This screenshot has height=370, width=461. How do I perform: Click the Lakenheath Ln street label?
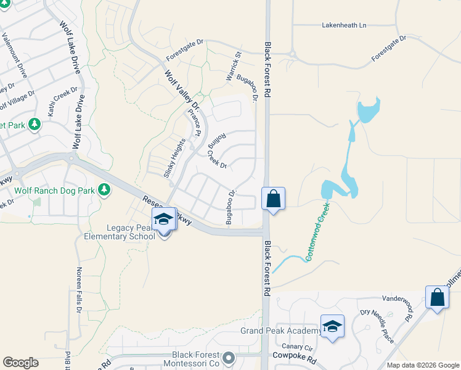coord(344,25)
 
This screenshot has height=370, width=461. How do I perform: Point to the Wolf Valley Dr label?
coord(182,90)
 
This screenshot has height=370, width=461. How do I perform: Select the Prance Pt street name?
coord(194,123)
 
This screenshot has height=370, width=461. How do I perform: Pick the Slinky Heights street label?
coord(174,158)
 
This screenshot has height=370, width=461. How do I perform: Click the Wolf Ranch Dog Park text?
coord(54,191)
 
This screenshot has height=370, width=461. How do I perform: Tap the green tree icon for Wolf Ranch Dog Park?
coord(104,190)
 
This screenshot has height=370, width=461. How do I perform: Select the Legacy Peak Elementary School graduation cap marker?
coord(163,220)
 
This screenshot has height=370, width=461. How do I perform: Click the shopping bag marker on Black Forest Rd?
coord(273,199)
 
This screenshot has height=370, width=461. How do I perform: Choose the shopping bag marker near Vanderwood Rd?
coord(437,297)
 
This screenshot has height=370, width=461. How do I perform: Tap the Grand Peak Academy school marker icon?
coord(332,326)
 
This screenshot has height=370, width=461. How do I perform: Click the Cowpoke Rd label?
coord(295,358)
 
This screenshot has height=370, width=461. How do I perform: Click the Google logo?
coord(20,363)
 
